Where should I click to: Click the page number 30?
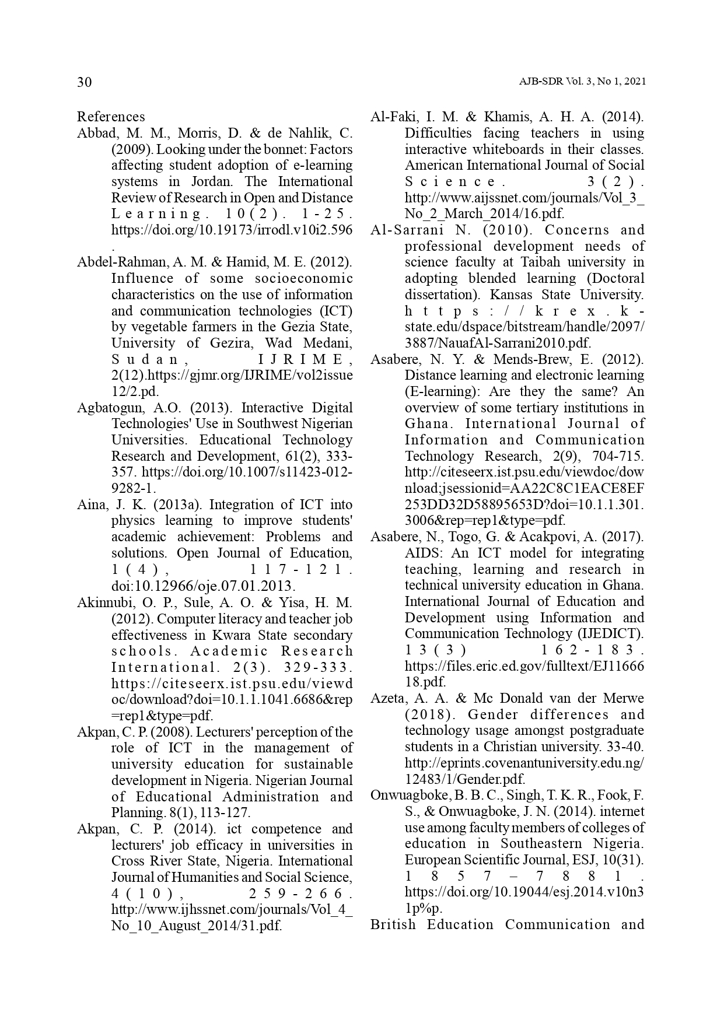pyautogui.click(x=85, y=82)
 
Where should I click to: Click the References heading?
pyautogui.click(x=111, y=117)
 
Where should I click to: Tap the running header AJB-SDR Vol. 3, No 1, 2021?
pyautogui.click(x=582, y=82)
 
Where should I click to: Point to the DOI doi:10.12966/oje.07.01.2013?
pyautogui.click(x=203, y=586)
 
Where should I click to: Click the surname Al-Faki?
pyautogui.click(x=390, y=117)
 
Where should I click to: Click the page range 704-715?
pyautogui.click(x=618, y=456)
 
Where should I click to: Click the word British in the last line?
pyautogui.click(x=393, y=925)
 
